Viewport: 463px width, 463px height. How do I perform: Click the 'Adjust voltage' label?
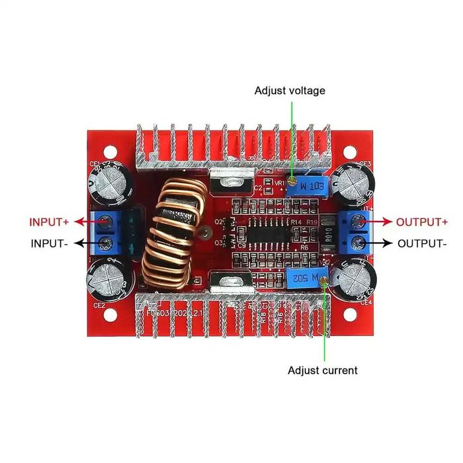click(290, 91)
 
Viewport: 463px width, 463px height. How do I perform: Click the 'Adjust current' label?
click(322, 370)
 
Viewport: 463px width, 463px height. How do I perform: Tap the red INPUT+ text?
click(48, 222)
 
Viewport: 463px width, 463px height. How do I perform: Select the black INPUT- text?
click(50, 243)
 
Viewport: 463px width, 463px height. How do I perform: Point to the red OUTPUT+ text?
click(421, 222)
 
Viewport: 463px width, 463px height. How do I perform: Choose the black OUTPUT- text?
click(421, 243)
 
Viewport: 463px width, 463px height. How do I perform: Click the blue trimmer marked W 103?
click(310, 187)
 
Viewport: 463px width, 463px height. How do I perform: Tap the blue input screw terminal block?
click(112, 232)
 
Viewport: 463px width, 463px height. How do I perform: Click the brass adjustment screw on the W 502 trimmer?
click(323, 282)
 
